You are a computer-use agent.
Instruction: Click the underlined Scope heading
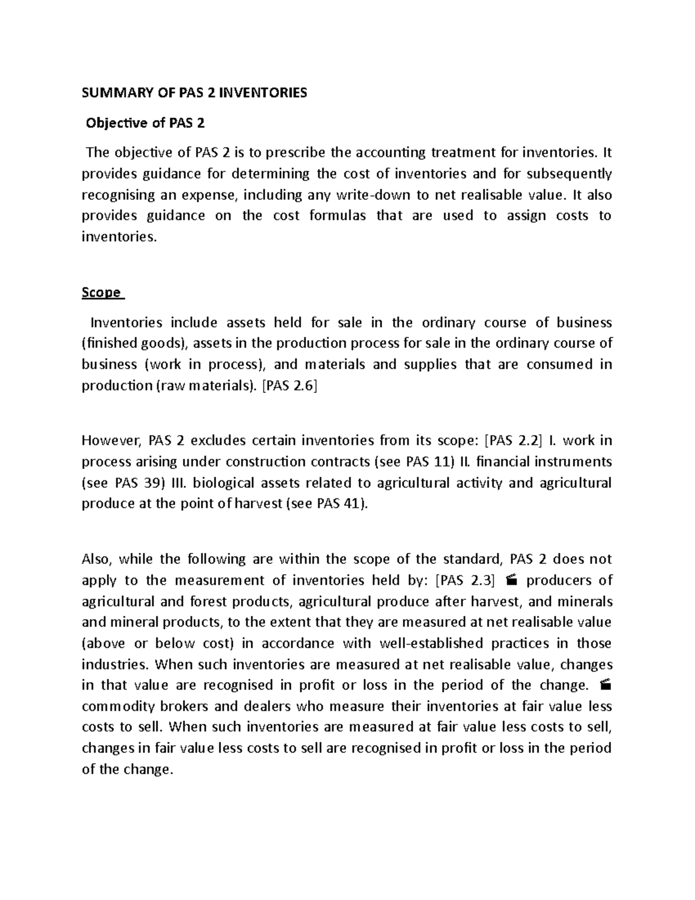[x=102, y=292]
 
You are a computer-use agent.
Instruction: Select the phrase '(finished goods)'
[x=135, y=344]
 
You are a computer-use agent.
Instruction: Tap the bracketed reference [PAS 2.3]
[x=465, y=580]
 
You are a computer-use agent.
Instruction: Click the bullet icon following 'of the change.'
[x=605, y=685]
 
